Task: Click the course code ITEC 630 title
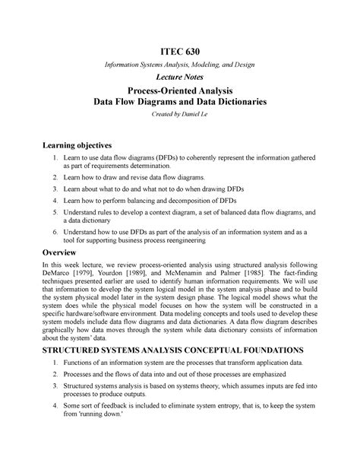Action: (x=179, y=51)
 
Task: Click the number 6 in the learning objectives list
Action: (x=55, y=229)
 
